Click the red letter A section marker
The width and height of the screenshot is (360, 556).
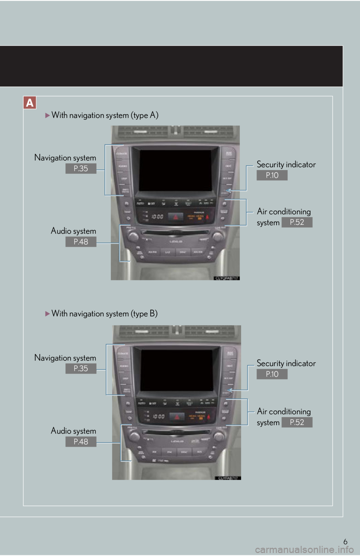tap(30, 103)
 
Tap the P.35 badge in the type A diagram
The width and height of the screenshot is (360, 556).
tap(81, 169)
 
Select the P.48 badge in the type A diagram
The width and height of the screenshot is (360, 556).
tap(81, 242)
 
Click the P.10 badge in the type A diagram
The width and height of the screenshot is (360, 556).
tap(272, 175)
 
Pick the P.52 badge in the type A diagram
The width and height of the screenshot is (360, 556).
tap(297, 222)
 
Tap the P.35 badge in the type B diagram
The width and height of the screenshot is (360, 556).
tap(81, 369)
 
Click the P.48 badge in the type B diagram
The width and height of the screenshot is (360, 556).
tap(81, 442)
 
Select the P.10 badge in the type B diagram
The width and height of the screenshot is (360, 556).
tap(272, 374)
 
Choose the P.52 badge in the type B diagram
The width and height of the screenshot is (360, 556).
tap(297, 422)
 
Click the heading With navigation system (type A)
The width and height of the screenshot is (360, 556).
tap(105, 115)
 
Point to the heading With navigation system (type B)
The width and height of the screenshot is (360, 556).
tap(104, 314)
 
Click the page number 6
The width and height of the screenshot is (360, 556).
tap(345, 542)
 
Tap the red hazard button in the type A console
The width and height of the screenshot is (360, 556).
tap(175, 217)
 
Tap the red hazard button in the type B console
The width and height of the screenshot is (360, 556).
tap(177, 416)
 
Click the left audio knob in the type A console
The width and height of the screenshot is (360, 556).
tap(132, 236)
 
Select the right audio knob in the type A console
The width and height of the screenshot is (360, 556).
tap(217, 236)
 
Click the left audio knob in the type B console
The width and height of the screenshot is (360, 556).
tap(134, 436)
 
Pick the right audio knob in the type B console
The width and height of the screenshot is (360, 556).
tap(219, 436)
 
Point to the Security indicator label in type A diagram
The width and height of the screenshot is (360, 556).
tap(286, 164)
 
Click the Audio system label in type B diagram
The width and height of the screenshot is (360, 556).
tap(73, 431)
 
